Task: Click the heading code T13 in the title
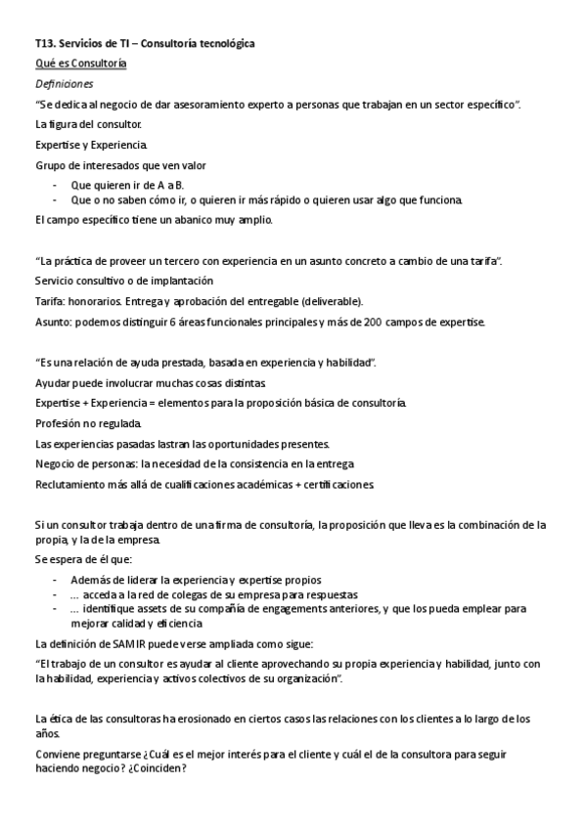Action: [x=45, y=44]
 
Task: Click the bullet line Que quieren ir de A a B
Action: [x=127, y=185]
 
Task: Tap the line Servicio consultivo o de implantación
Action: [x=117, y=281]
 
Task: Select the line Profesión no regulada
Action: [x=88, y=423]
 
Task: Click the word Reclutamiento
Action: [x=71, y=485]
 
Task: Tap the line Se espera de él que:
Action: [x=75, y=560]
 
